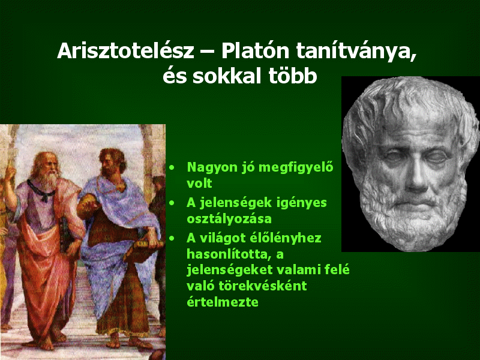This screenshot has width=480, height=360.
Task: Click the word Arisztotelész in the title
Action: click(x=125, y=51)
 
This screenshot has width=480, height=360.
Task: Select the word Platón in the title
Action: click(x=256, y=50)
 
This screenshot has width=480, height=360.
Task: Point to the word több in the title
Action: click(x=293, y=76)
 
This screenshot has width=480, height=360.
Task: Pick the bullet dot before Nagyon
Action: click(x=172, y=167)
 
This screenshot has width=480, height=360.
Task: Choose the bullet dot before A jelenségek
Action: click(x=172, y=203)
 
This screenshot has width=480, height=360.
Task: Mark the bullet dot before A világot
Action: click(x=172, y=238)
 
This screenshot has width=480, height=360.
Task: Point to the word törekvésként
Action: click(x=263, y=286)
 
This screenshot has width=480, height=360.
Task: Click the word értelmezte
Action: click(x=223, y=302)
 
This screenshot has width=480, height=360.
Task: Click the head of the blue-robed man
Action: click(x=112, y=161)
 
